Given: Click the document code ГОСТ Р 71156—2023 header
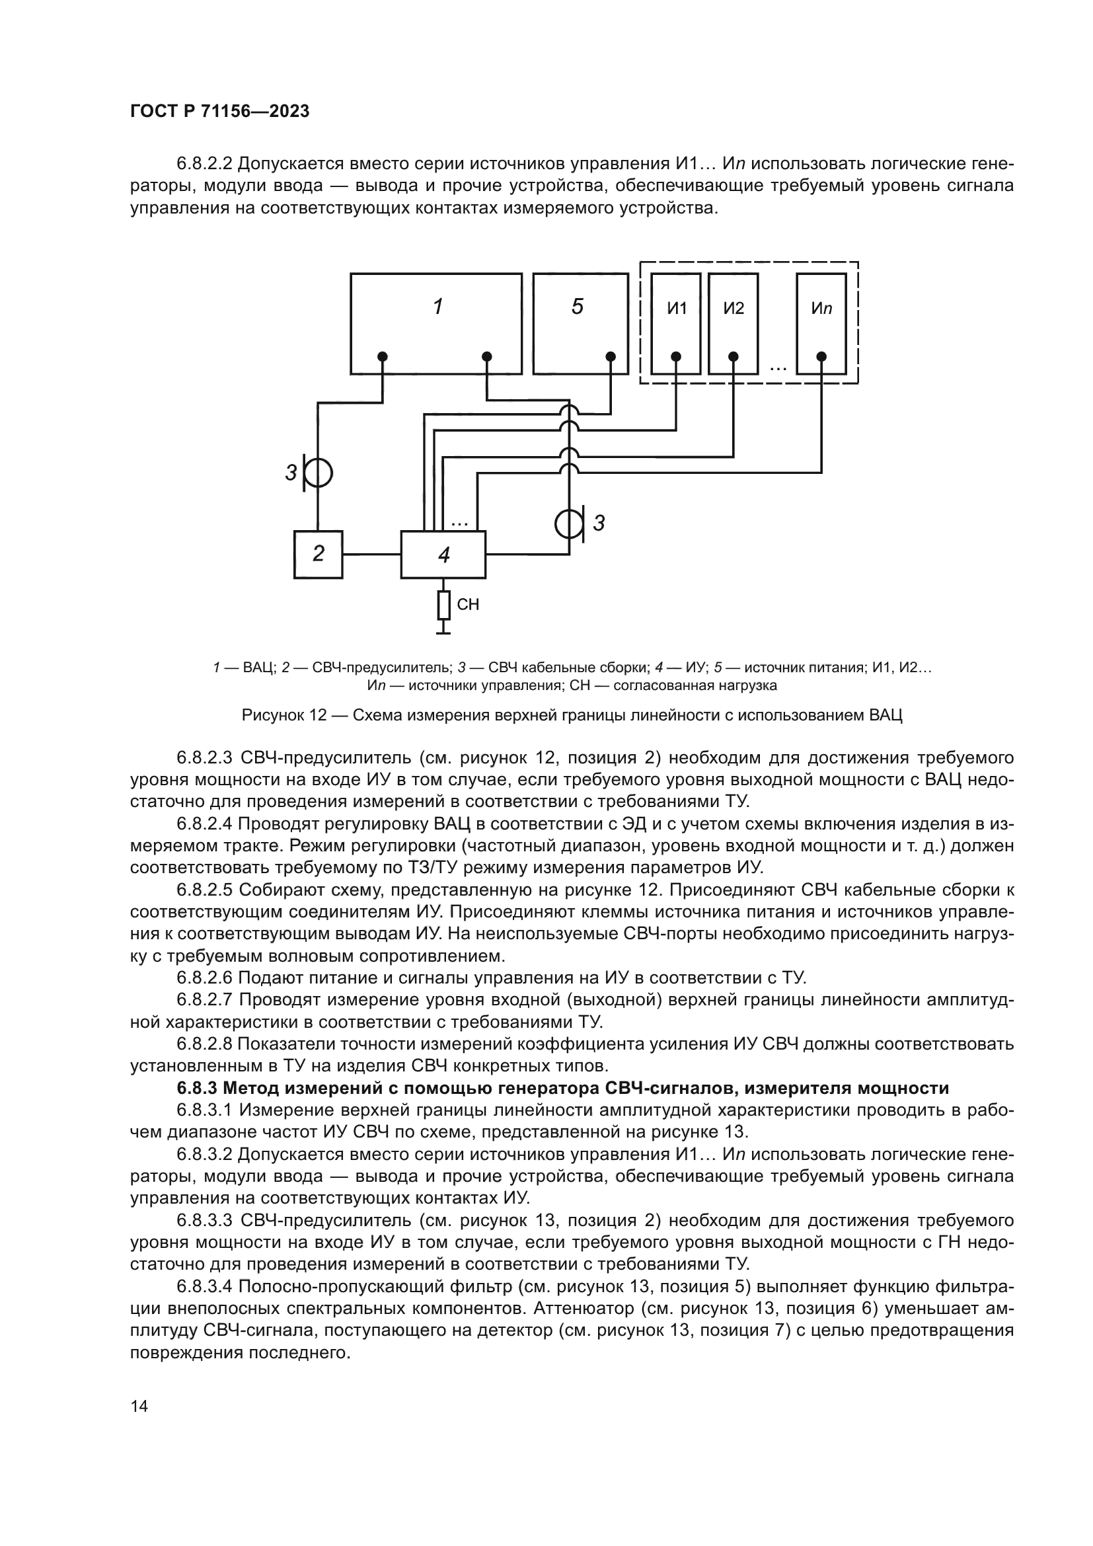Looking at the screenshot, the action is [x=219, y=112].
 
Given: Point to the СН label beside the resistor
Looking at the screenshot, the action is [x=468, y=605].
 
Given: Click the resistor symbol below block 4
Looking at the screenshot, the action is [x=443, y=605].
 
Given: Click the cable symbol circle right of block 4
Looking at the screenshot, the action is [x=570, y=523].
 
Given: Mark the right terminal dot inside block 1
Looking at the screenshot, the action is [x=487, y=356].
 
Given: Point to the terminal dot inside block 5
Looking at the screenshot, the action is [x=611, y=356].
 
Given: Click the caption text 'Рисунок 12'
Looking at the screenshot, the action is [x=284, y=715].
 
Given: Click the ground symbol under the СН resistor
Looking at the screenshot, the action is [x=443, y=630].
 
